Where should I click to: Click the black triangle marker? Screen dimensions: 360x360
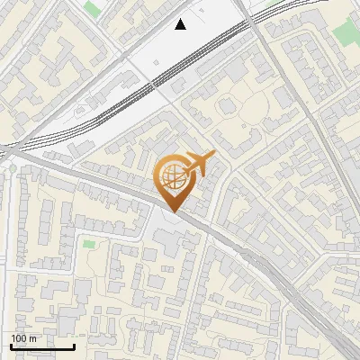tap(181, 24)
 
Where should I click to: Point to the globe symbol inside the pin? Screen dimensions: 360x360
tap(172, 175)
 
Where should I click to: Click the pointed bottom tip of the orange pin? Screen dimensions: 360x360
tap(173, 211)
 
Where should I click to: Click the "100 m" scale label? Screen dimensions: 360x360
tap(23, 338)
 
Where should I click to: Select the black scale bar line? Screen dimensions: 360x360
tap(42, 346)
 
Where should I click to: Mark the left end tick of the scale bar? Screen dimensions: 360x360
tap(11, 345)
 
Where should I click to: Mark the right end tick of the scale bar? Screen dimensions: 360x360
tap(74, 345)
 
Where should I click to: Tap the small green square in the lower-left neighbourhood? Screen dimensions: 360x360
tap(88, 244)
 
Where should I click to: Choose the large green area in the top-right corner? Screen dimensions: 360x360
tap(345, 34)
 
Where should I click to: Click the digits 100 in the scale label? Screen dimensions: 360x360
tap(20, 338)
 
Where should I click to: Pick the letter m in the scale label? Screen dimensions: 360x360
tap(33, 338)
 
